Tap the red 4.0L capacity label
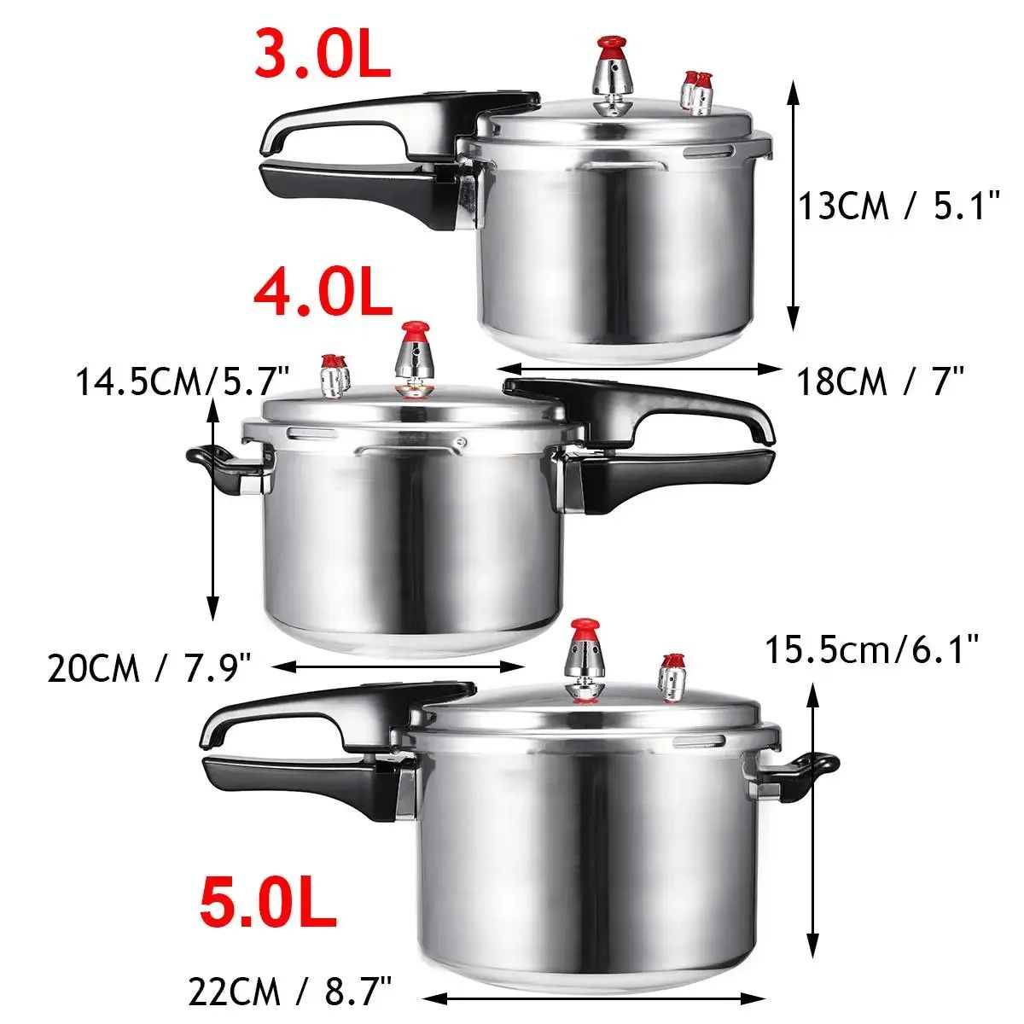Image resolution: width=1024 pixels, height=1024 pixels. [323, 293]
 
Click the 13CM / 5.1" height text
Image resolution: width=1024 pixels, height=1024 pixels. [898, 206]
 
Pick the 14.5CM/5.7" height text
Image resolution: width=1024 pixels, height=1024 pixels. [183, 381]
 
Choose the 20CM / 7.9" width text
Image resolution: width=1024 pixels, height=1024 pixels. [148, 667]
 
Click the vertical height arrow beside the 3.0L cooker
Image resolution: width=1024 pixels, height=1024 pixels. [793, 206]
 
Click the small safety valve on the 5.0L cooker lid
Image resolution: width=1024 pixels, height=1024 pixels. [672, 678]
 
